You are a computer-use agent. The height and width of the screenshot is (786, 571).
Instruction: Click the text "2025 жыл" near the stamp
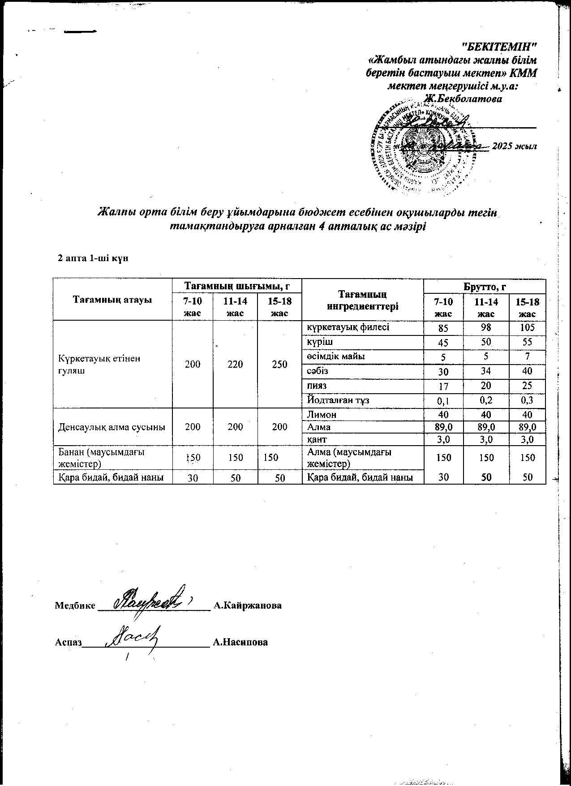[514, 146]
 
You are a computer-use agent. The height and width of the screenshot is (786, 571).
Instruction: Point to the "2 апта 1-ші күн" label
[93, 258]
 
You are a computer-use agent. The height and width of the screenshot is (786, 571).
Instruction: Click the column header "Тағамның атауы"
[112, 300]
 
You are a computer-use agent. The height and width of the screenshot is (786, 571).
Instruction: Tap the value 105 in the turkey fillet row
[528, 327]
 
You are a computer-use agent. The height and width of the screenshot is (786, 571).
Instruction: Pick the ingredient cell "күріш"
[319, 342]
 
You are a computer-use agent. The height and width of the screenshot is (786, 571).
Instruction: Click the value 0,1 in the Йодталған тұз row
[443, 400]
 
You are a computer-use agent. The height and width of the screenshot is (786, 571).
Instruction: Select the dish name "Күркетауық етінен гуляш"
[99, 364]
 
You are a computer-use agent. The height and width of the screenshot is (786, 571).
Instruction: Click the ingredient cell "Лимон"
[321, 415]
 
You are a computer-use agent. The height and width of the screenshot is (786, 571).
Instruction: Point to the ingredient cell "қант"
[317, 439]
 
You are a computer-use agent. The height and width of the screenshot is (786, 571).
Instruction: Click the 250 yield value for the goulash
[279, 364]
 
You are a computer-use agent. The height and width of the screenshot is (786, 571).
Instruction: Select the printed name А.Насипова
[240, 642]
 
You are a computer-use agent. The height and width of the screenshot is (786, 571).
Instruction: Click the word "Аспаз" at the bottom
[68, 642]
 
